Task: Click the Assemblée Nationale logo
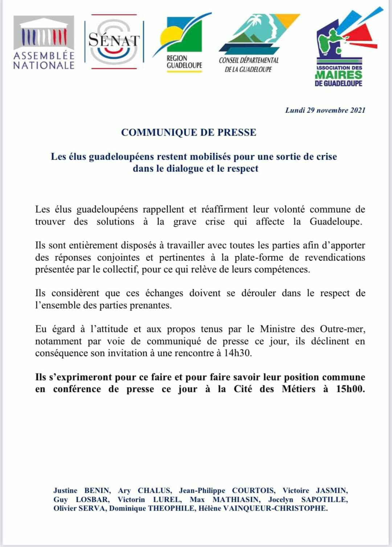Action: [44, 43]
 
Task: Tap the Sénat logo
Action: [114, 41]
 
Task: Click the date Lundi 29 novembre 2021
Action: [325, 110]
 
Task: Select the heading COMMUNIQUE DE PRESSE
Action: [189, 132]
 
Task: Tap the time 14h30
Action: [238, 353]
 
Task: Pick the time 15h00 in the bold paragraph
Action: [350, 389]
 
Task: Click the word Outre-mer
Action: [342, 329]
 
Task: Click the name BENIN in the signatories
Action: [97, 491]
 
